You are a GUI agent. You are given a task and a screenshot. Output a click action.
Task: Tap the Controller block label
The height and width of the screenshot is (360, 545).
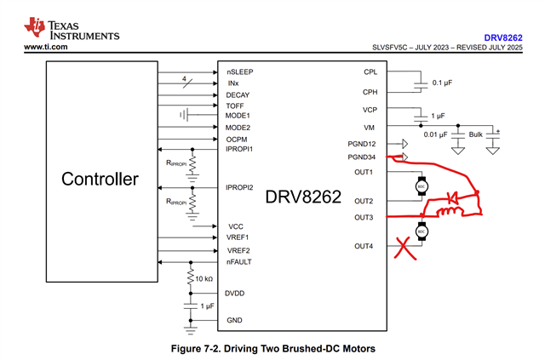pos(100,180)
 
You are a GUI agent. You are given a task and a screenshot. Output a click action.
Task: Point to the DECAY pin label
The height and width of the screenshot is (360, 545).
pos(238,94)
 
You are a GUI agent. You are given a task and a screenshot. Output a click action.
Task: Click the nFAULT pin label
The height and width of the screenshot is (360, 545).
pos(239,262)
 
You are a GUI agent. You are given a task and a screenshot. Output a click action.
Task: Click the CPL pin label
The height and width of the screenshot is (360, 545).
pos(370,73)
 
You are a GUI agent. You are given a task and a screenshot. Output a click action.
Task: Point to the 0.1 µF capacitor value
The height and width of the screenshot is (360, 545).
pos(443,83)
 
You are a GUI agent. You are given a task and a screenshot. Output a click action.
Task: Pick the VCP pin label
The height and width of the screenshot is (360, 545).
pos(369,111)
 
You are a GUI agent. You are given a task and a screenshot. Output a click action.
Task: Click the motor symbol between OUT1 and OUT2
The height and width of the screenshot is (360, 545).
pos(419,186)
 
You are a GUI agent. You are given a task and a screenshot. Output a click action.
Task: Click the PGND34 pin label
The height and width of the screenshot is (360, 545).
pos(362,157)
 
